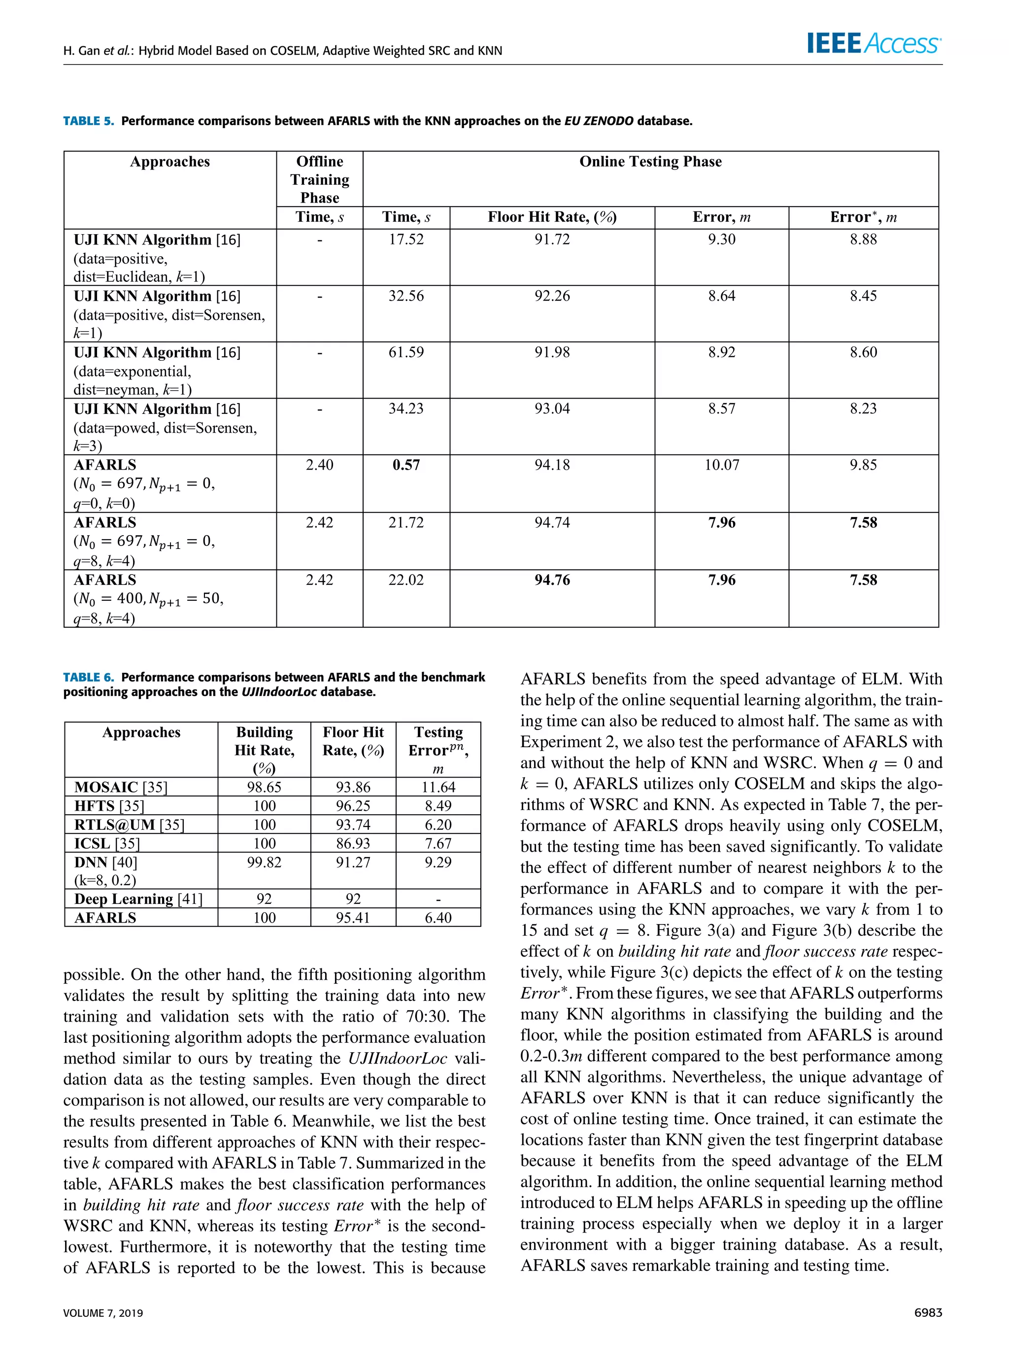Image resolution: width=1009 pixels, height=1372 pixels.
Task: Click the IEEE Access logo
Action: [x=874, y=43]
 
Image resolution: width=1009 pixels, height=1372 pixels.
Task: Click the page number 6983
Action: [x=928, y=1312]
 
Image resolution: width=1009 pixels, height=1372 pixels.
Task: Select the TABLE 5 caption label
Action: [x=89, y=121]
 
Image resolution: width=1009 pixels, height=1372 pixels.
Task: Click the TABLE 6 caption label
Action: [x=89, y=677]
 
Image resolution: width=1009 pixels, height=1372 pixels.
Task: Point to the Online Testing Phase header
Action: [x=650, y=162]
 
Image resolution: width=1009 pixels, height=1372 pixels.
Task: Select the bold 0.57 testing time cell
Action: [x=405, y=465]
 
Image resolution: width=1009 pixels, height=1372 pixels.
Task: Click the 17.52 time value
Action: [x=405, y=240]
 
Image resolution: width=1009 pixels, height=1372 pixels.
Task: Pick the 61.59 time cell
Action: [x=405, y=352]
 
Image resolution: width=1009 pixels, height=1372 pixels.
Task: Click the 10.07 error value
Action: [x=721, y=465]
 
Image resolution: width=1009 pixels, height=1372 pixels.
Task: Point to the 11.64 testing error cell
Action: [x=438, y=787]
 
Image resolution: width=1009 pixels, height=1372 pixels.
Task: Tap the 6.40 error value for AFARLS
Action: [x=438, y=918]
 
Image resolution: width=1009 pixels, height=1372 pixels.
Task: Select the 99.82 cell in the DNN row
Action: [x=264, y=862]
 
